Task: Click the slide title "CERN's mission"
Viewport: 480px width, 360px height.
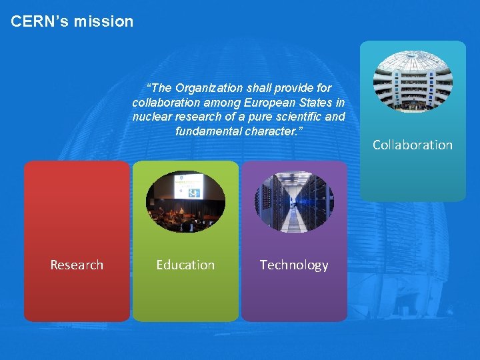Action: [72, 21]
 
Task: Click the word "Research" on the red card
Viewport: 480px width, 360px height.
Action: [77, 265]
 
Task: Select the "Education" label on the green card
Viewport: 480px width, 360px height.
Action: [185, 265]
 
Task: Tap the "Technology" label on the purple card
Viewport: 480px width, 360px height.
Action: [294, 265]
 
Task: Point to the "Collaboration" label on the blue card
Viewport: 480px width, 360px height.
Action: [412, 145]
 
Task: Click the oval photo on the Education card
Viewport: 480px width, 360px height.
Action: [185, 202]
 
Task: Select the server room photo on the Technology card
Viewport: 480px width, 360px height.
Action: [294, 202]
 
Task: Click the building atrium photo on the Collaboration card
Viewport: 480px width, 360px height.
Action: [413, 81]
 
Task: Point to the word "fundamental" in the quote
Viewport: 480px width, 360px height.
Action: [205, 131]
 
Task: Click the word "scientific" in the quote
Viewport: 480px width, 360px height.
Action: [294, 117]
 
